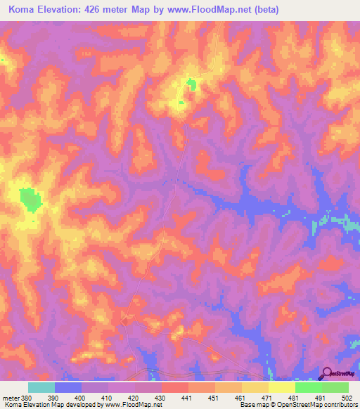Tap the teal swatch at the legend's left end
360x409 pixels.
(x=41, y=387)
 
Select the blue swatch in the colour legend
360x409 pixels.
(x=68, y=387)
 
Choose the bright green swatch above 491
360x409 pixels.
(x=309, y=387)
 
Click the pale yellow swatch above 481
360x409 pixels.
(x=282, y=387)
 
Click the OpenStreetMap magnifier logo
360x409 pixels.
(x=326, y=372)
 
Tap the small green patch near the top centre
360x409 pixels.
(x=191, y=86)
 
